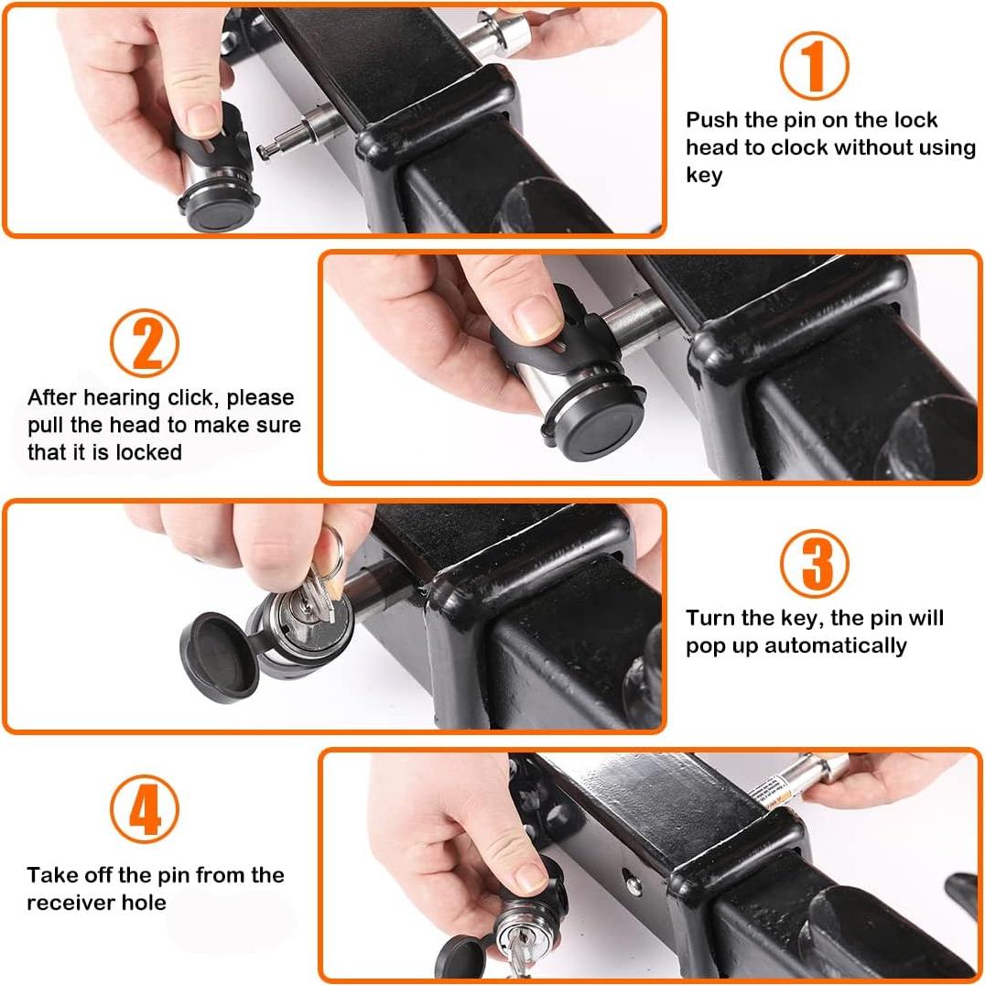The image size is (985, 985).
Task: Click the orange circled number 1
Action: click(814, 65)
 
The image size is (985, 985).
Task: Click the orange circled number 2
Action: click(145, 342)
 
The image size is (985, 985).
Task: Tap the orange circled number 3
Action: click(814, 563)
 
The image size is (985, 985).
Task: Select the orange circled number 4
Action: click(145, 808)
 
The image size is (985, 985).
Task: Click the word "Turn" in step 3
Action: click(710, 618)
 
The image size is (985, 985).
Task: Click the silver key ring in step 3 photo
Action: click(330, 553)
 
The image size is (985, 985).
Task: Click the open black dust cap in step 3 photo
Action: click(219, 657)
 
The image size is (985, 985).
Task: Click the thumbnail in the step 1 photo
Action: click(203, 119)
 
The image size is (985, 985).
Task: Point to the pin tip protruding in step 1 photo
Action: click(264, 150)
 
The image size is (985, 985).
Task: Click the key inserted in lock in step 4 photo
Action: click(517, 956)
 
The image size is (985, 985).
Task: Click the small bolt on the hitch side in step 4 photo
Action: click(633, 886)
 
